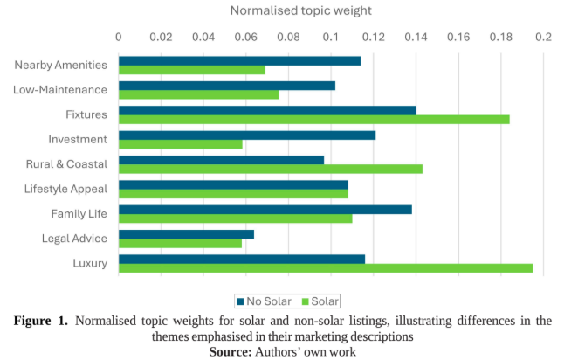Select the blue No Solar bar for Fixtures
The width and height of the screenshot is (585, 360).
267,110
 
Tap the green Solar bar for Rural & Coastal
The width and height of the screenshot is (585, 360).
271,168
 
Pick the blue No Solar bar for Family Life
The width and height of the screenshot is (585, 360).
265,210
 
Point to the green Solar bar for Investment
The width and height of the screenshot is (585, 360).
181,143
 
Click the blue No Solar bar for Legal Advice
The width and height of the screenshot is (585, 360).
186,234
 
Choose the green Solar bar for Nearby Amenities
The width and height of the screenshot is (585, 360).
192,69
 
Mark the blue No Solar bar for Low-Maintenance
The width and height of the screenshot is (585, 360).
227,86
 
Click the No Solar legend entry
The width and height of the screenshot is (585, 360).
263,301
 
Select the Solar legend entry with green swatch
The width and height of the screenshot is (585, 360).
320,301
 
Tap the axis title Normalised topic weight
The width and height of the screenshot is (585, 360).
300,10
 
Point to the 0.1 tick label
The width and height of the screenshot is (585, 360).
331,38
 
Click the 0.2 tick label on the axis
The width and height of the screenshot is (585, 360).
543,38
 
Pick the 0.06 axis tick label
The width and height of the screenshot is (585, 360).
245,38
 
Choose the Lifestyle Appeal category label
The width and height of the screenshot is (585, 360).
65,189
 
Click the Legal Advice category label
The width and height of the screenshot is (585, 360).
74,239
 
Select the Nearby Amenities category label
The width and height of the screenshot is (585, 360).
61,65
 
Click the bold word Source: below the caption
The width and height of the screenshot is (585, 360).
231,351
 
